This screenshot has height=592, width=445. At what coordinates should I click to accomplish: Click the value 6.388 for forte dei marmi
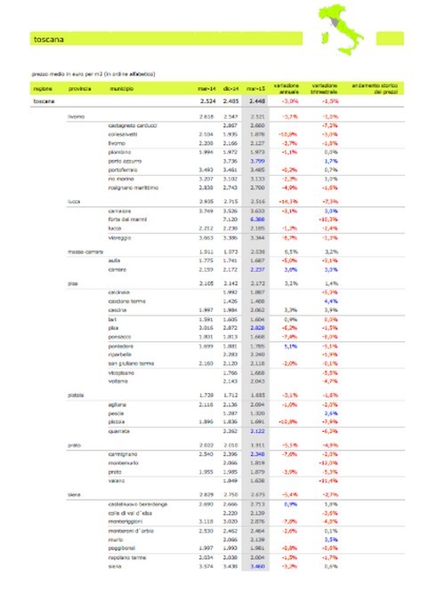tap(255, 218)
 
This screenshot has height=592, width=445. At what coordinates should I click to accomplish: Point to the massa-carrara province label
tap(85, 251)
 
